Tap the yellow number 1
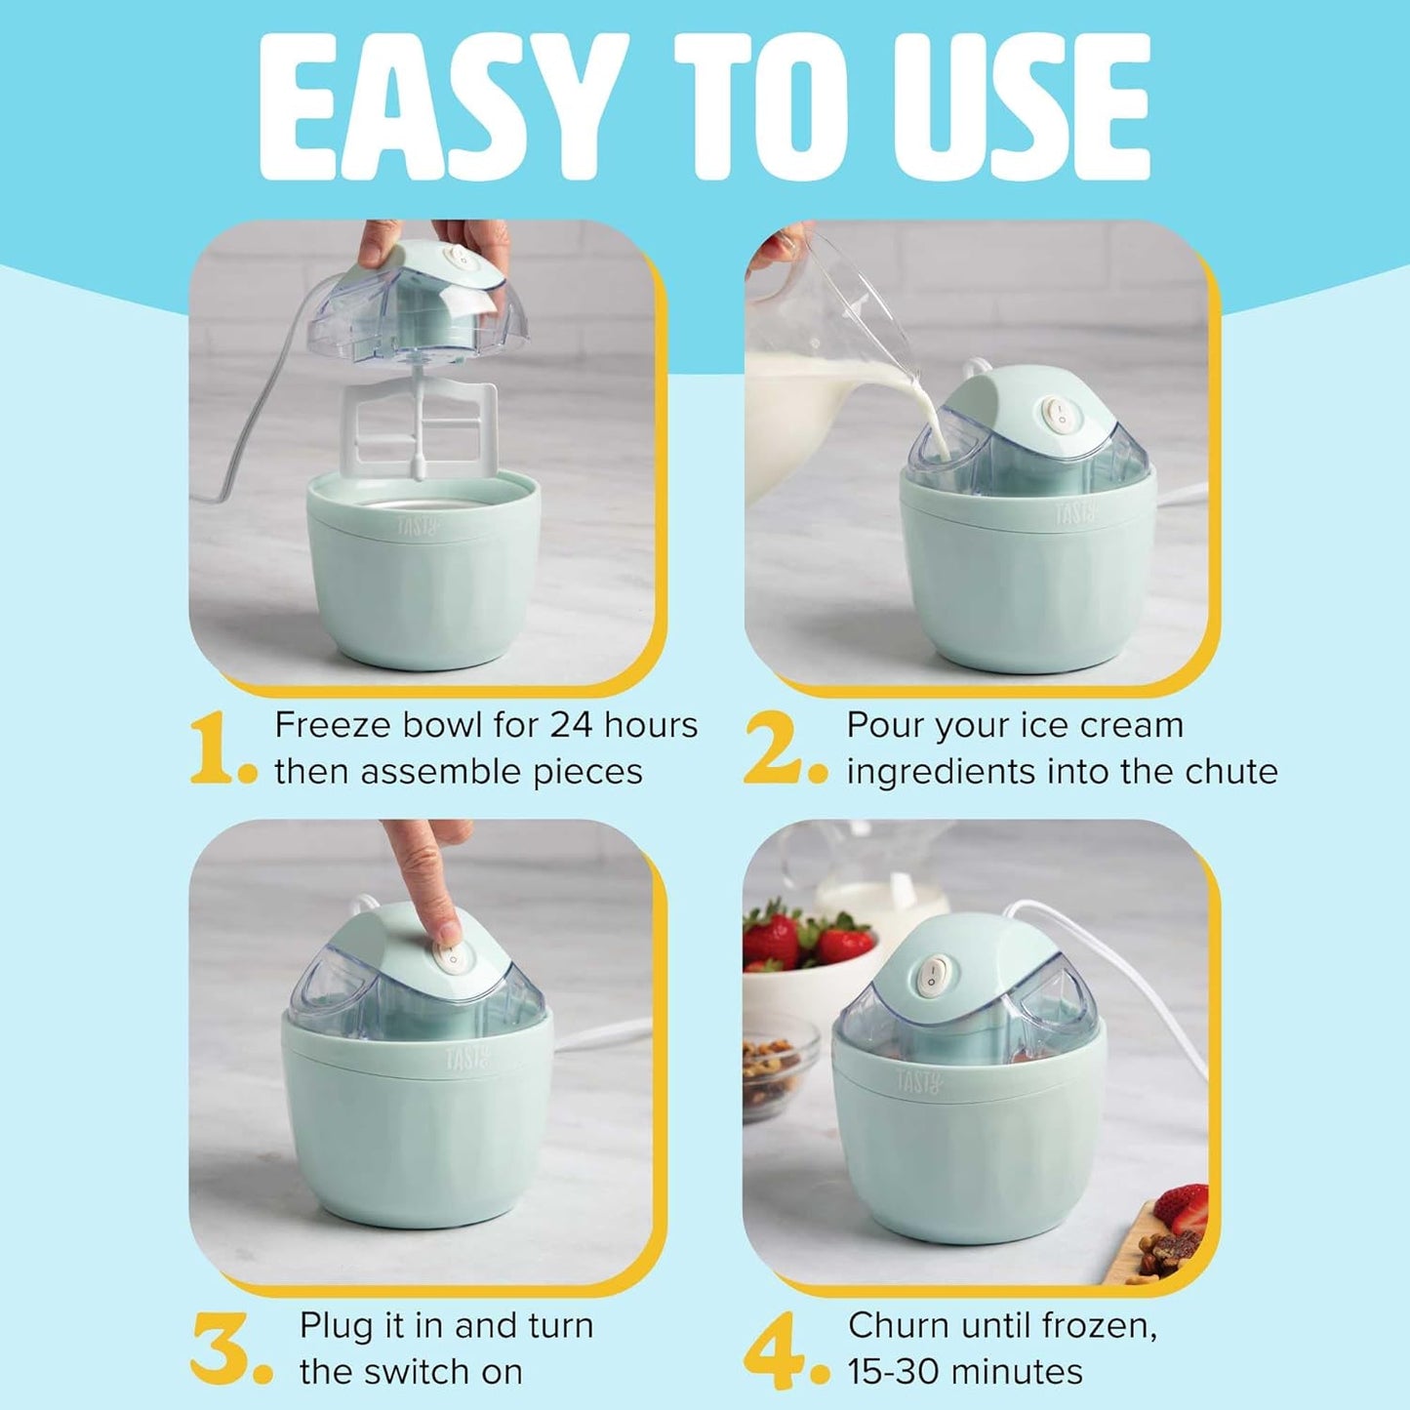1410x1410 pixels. click(x=212, y=748)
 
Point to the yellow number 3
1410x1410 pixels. click(x=221, y=1349)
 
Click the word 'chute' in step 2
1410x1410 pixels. click(x=1230, y=772)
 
